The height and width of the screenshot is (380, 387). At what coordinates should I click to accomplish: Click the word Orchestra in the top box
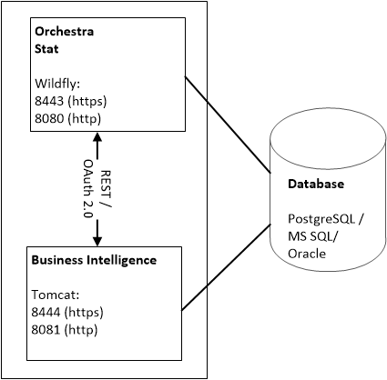coord(65,32)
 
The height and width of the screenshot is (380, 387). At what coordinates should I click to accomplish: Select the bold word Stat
coord(46,49)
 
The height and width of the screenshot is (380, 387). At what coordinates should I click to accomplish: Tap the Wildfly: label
coord(57,84)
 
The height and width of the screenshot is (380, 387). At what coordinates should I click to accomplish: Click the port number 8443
coord(49,101)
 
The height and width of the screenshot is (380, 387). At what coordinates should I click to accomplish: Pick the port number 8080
coord(49,118)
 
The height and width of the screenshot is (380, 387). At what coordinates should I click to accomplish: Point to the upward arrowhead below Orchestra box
coord(97,137)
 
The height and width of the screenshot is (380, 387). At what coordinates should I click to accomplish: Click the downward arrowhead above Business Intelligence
coord(97,241)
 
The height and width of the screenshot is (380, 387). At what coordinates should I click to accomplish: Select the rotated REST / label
coord(106,189)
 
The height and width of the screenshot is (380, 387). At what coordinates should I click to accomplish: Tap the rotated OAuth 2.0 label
coord(88,189)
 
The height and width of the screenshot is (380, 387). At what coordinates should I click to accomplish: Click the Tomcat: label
coord(56,295)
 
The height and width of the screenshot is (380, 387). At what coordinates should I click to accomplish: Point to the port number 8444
coord(46,312)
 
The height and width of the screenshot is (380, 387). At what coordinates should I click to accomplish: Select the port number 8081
coord(46,329)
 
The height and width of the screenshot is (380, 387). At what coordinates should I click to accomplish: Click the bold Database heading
coord(316,184)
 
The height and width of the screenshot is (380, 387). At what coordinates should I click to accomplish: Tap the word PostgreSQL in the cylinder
coord(321,219)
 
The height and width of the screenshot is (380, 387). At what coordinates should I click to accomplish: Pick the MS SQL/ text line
coord(312,236)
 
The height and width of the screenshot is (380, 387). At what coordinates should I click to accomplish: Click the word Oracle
coord(307,254)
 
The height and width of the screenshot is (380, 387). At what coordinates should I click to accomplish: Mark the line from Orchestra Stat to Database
coord(228,125)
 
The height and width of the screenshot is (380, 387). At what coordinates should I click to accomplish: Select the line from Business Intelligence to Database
coord(226,267)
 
